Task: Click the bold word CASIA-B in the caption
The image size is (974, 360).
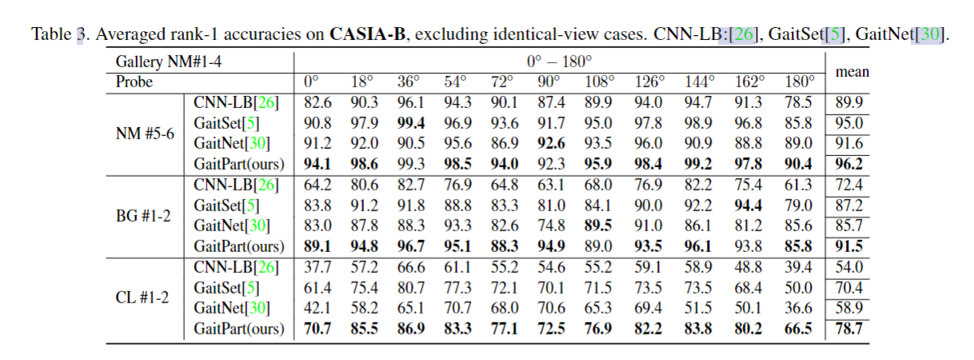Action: click(365, 34)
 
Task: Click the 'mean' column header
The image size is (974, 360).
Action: click(852, 71)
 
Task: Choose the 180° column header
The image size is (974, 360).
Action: click(799, 82)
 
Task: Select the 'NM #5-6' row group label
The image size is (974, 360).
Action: click(145, 134)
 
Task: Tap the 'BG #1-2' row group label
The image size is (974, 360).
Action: click(145, 215)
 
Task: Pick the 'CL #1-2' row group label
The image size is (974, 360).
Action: click(145, 297)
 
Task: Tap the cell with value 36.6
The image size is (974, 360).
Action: click(799, 308)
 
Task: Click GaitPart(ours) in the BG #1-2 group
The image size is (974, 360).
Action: click(239, 246)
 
